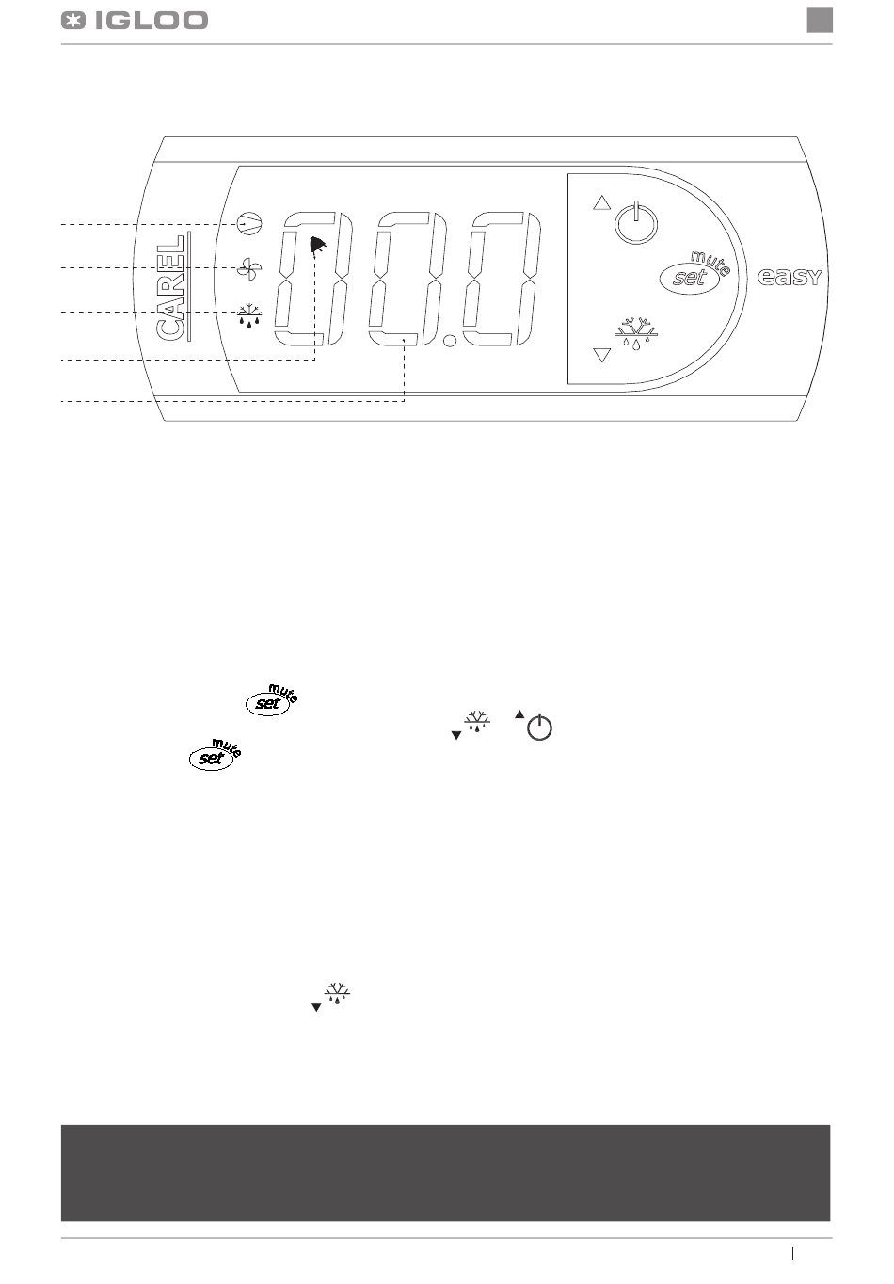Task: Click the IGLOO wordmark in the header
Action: [152, 22]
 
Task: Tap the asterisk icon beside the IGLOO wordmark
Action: [73, 22]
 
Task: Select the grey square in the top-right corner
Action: [820, 20]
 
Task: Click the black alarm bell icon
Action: [317, 246]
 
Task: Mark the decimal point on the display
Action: [451, 342]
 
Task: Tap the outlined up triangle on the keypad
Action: [601, 203]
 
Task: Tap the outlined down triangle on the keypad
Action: [602, 355]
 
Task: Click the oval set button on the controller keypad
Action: [690, 278]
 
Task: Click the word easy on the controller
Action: [790, 278]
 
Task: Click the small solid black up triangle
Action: [519, 714]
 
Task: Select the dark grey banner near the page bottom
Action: [446, 1173]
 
